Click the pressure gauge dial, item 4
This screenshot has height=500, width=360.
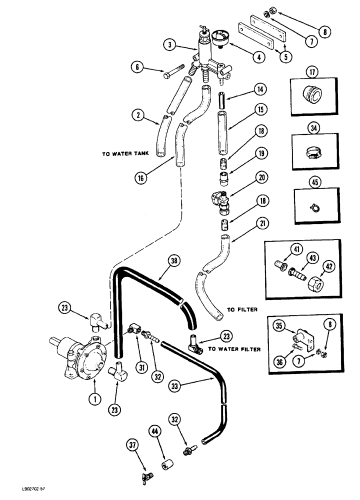click(219, 38)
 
